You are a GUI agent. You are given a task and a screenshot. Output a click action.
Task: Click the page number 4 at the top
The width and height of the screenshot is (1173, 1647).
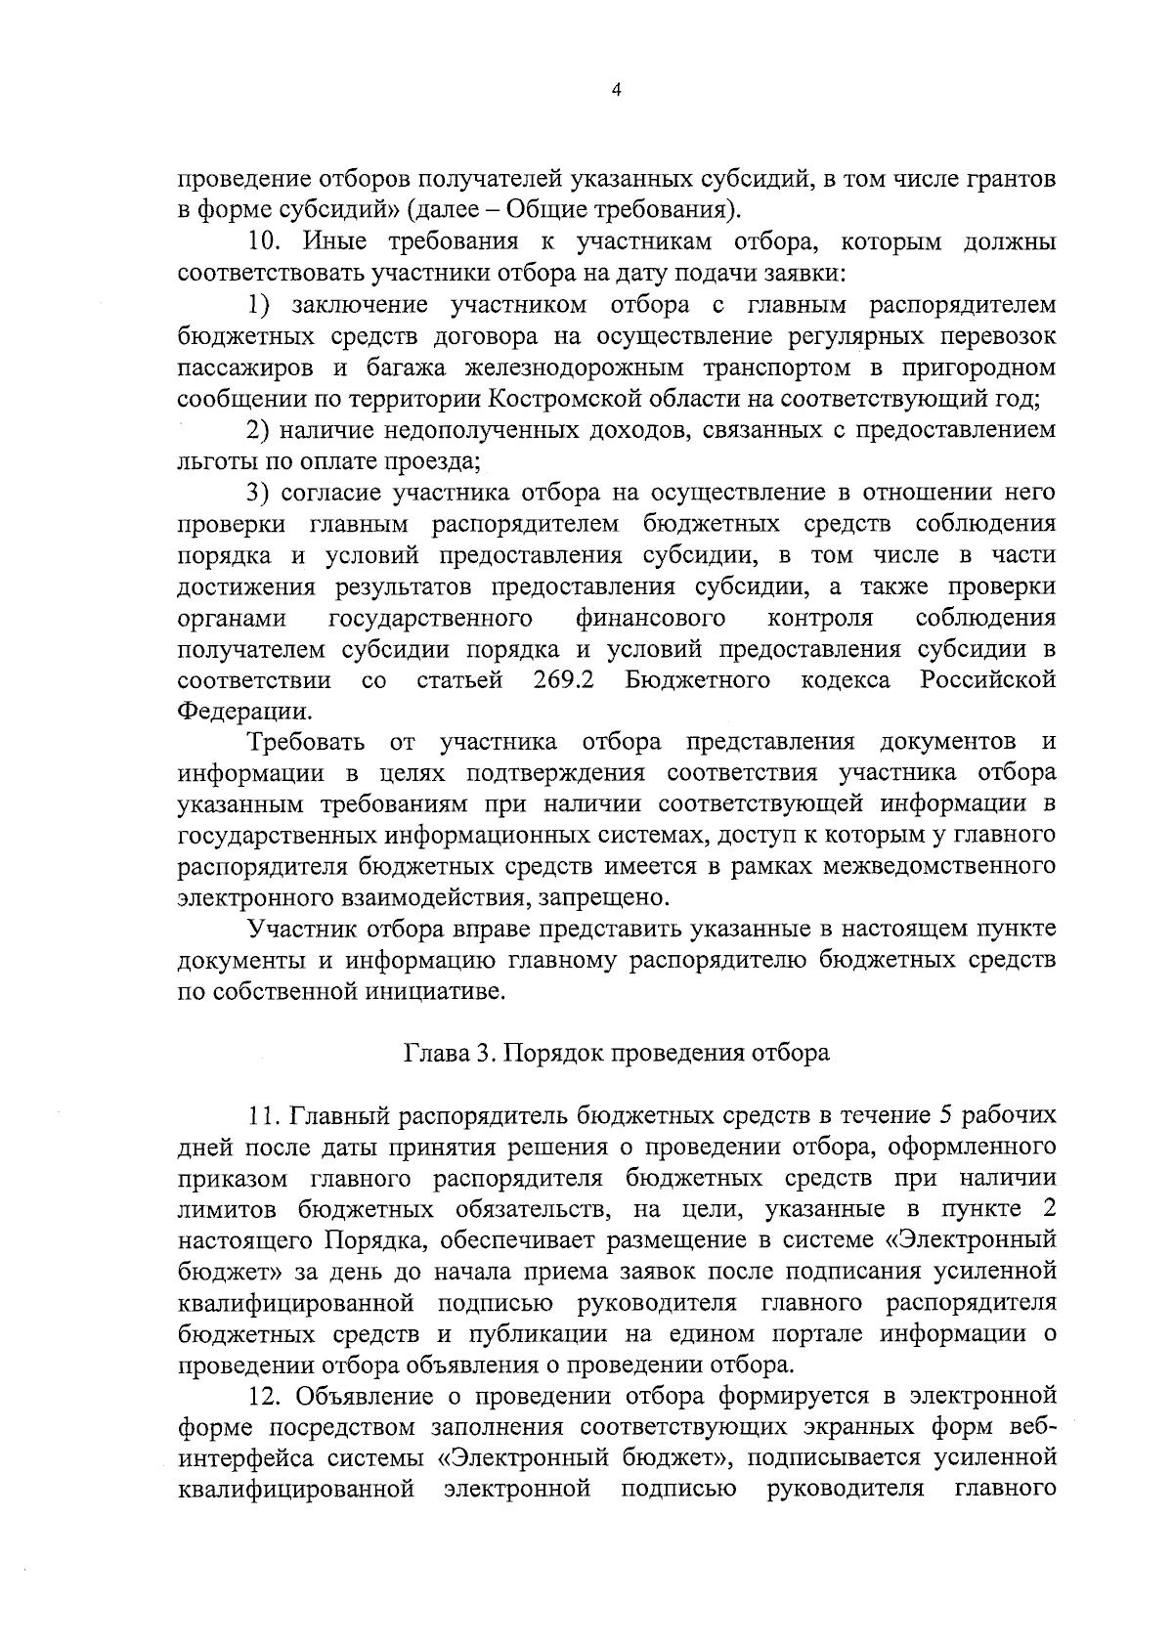pyautogui.click(x=615, y=90)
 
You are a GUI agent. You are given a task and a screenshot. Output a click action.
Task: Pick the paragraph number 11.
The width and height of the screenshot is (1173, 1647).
pyautogui.click(x=264, y=1115)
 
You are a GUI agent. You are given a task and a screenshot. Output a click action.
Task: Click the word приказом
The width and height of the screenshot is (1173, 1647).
pyautogui.click(x=231, y=1178)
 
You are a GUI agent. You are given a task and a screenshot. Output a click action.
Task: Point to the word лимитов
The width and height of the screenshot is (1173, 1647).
pyautogui.click(x=224, y=1209)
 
